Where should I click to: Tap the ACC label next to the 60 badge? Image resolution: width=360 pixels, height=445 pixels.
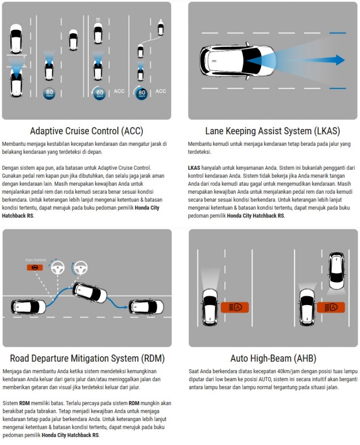tap(119, 91)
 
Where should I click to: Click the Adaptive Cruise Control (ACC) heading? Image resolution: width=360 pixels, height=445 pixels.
tap(86, 131)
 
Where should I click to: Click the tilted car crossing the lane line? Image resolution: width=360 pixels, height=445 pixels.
tap(89, 293)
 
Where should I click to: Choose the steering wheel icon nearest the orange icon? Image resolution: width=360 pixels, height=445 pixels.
tap(57, 267)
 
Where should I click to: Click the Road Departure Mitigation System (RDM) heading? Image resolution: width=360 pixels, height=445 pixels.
tap(87, 358)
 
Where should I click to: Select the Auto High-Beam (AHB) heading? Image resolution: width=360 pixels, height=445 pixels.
tap(273, 358)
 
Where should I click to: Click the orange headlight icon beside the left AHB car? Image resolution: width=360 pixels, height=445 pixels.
tap(234, 306)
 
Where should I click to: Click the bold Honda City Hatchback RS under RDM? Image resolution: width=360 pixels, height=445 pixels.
tap(70, 435)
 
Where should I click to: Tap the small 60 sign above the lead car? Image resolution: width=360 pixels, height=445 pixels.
tap(98, 19)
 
